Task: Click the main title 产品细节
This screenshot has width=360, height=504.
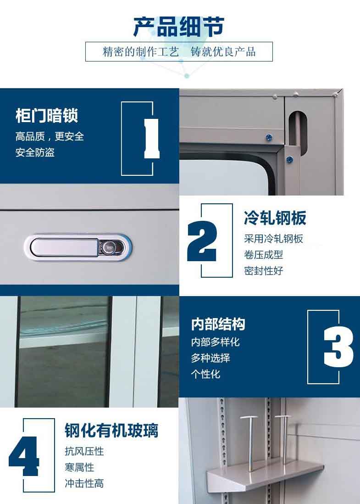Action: [x=178, y=27]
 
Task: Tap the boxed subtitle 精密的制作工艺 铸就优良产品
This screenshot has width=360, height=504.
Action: [x=179, y=51]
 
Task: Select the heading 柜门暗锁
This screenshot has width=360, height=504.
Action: [x=47, y=116]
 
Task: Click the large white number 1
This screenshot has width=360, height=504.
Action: [x=152, y=139]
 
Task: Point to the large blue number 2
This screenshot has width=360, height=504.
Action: [x=202, y=241]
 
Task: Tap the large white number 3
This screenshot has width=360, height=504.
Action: [x=338, y=347]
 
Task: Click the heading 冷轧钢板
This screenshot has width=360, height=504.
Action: [x=275, y=218]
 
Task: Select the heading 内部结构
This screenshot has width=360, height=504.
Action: [x=218, y=324]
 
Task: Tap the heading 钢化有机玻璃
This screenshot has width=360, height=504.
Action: [x=111, y=431]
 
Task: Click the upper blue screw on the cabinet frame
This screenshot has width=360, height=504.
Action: [x=269, y=138]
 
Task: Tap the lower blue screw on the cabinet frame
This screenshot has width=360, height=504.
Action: [x=289, y=159]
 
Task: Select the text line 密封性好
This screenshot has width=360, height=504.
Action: [x=263, y=271]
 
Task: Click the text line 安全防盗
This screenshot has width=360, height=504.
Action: [x=35, y=152]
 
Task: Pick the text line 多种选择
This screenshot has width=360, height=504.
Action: [x=210, y=358]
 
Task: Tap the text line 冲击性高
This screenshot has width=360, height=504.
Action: [x=84, y=483]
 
